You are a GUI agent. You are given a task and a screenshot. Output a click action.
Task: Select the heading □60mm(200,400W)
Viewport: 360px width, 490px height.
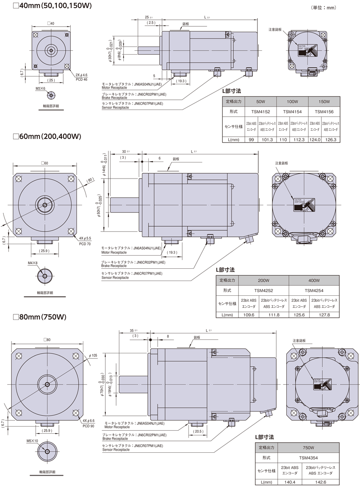point(47,136)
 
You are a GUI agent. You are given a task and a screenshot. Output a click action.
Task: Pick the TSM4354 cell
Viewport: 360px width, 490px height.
point(309,457)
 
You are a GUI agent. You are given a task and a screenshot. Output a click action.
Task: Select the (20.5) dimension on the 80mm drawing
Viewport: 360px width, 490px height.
point(197,431)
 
